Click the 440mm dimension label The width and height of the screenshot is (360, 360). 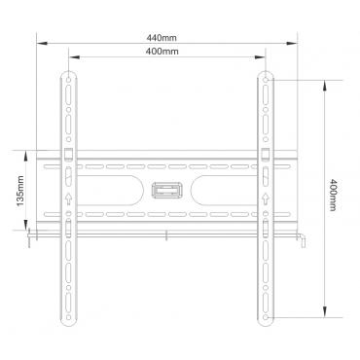(x=162, y=38)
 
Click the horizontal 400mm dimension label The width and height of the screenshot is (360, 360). (x=162, y=52)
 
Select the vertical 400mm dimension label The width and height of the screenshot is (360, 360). (x=333, y=195)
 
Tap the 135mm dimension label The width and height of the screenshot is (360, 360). (x=20, y=191)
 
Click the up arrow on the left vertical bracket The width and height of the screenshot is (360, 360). (x=68, y=198)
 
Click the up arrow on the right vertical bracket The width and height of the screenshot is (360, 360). (x=266, y=198)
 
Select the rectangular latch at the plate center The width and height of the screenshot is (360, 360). (x=166, y=191)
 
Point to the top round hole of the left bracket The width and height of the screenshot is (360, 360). (x=68, y=80)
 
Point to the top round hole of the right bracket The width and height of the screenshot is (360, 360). (x=266, y=80)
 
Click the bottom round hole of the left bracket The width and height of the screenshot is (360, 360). (x=68, y=317)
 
